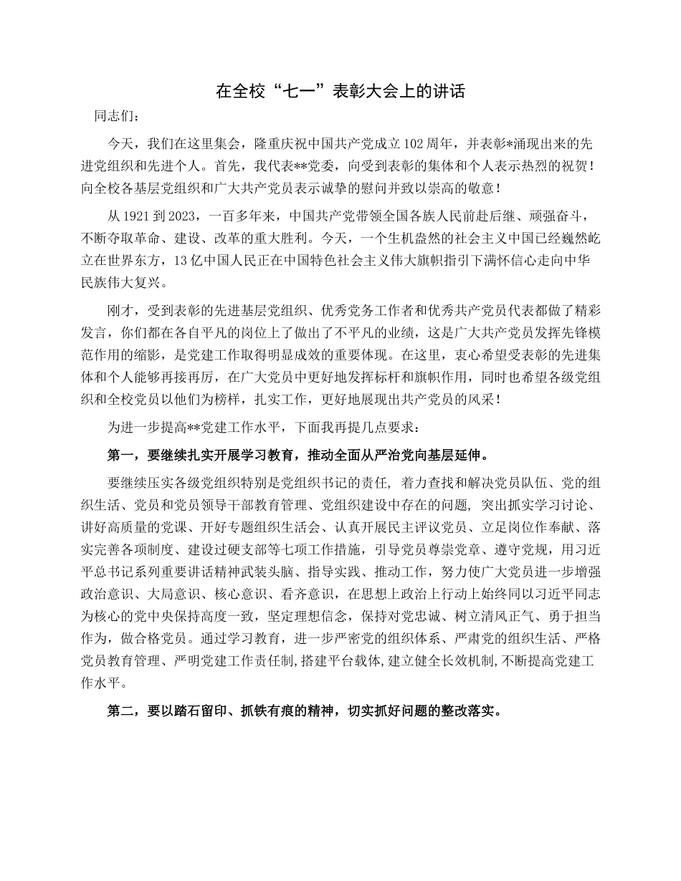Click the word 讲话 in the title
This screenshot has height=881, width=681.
click(449, 92)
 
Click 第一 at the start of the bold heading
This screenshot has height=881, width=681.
click(118, 454)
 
